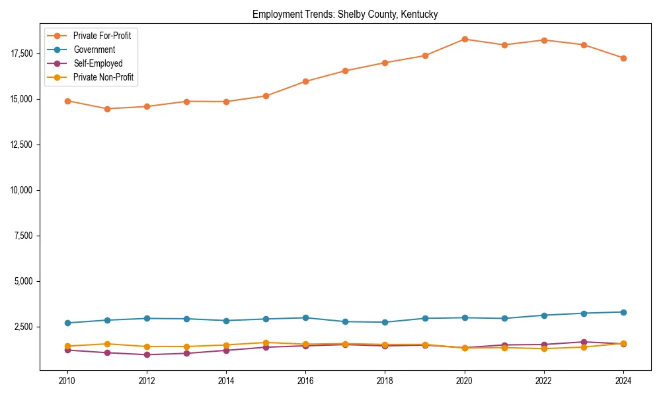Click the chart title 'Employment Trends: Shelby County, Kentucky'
(345, 14)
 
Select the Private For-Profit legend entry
(102, 36)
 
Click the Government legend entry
(94, 49)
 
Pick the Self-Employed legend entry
(98, 63)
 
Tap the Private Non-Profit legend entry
(103, 77)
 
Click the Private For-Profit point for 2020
(465, 39)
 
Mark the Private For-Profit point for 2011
(107, 109)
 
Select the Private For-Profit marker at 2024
(623, 58)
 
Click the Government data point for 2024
(623, 312)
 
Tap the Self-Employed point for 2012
(147, 354)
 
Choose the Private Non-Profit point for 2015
(266, 343)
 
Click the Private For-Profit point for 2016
(305, 81)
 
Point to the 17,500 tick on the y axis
(24, 53)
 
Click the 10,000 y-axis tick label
(24, 190)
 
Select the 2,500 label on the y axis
(26, 327)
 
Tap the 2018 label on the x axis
(385, 380)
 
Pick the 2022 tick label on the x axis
(544, 380)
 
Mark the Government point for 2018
(385, 322)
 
